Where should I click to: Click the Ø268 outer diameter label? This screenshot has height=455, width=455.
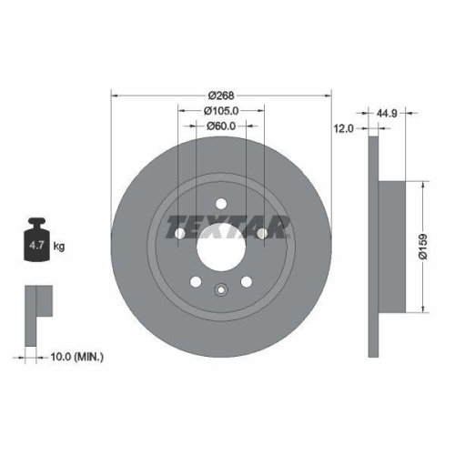(x=221, y=95)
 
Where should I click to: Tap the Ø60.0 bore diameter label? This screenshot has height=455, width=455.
(x=221, y=126)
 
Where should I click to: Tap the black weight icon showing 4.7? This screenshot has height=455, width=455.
(x=37, y=241)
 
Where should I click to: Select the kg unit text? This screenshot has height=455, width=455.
(x=59, y=247)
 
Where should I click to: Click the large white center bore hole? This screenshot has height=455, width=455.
(x=221, y=248)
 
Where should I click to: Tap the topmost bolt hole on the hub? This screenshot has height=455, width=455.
(x=221, y=203)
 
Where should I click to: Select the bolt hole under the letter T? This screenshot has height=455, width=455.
(x=179, y=235)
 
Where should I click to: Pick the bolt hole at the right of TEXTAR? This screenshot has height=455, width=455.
(x=263, y=235)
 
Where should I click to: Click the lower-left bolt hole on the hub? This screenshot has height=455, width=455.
(x=195, y=283)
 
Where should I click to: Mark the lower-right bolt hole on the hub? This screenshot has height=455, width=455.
(x=248, y=283)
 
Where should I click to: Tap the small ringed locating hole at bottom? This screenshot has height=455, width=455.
(x=221, y=292)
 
